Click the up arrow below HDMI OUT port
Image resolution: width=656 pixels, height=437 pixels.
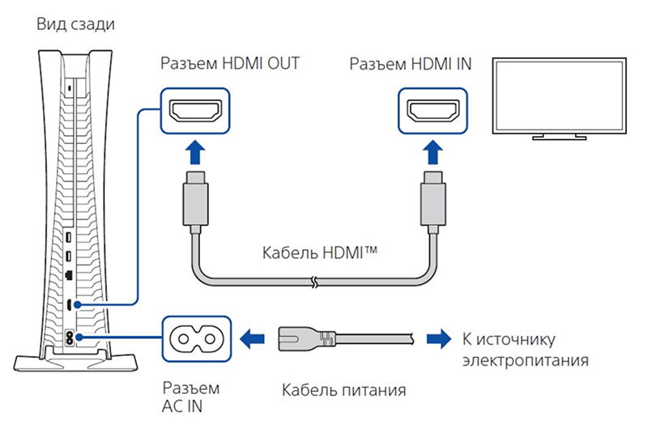click(197, 153)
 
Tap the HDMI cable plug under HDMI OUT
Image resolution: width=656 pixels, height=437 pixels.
click(197, 197)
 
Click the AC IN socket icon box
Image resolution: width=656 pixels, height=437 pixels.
click(197, 336)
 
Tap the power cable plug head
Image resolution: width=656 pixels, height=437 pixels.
click(305, 335)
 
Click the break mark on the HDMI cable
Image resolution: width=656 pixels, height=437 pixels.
click(313, 282)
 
